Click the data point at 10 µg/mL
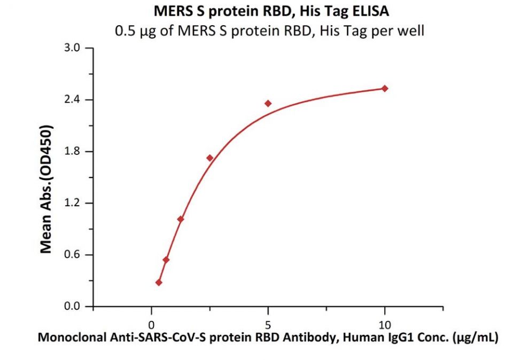tap(385, 88)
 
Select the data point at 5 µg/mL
tap(268, 103)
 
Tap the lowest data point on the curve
tap(159, 283)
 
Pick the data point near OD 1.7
tap(209, 158)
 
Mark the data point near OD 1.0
tap(180, 219)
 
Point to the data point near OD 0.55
tap(166, 260)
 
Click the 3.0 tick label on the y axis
tap(72, 48)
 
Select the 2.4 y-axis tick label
tap(72, 99)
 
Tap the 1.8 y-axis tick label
tap(72, 151)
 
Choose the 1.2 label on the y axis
tap(72, 203)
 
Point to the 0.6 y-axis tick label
tap(72, 255)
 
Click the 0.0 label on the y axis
tap(72, 307)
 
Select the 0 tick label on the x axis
tap(151, 325)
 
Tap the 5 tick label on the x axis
tap(268, 325)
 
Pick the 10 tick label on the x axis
tap(385, 325)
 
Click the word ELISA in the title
tap(369, 11)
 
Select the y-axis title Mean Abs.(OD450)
tap(46, 189)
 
